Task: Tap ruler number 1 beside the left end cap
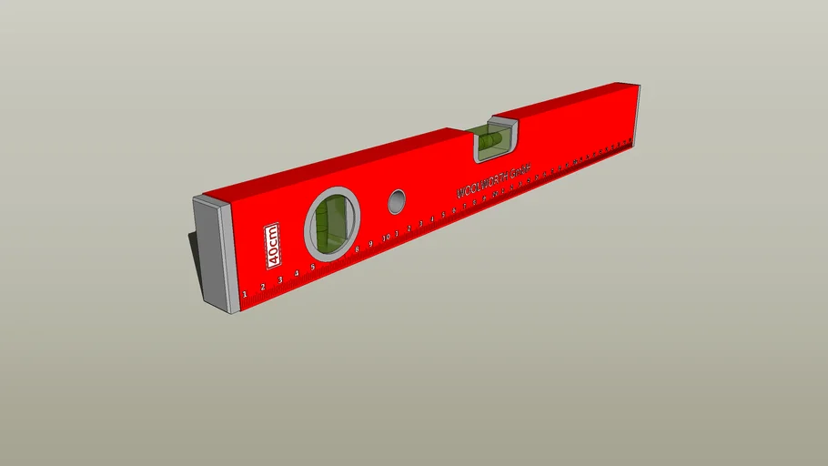tap(245, 294)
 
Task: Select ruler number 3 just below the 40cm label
tap(279, 280)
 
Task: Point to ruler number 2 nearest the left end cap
tap(263, 288)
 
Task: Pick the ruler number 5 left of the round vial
tap(312, 268)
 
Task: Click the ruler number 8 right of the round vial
tap(358, 249)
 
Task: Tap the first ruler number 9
tap(371, 244)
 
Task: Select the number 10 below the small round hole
tap(386, 238)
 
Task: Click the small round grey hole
tap(396, 201)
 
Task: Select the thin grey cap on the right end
tap(636, 116)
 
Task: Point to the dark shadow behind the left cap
tap(195, 250)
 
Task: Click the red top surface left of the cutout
tap(346, 164)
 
